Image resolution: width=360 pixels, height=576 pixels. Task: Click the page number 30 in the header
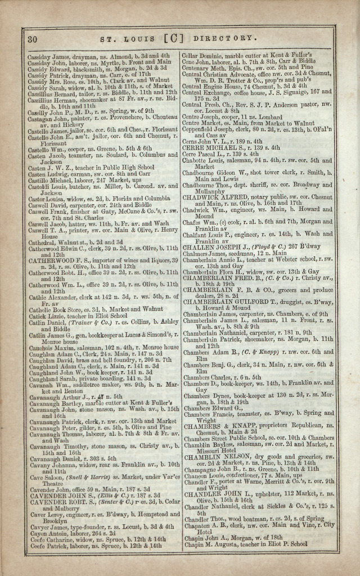32,39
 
